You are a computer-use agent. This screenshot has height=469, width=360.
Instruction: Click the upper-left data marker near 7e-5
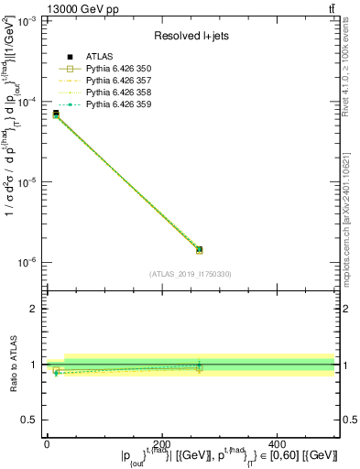(x=56, y=114)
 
